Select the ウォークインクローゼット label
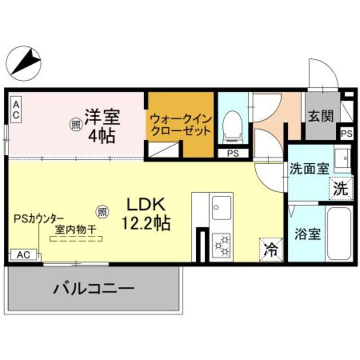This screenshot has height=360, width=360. click(x=180, y=124)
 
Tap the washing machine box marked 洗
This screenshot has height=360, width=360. click(x=341, y=188)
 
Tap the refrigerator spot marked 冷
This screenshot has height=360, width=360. click(x=271, y=248)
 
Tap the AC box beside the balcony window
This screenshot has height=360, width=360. click(x=23, y=255)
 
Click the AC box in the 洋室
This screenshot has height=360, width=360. click(x=15, y=110)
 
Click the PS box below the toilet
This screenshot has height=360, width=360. click(x=233, y=153)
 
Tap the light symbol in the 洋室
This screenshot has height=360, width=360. click(x=76, y=125)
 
